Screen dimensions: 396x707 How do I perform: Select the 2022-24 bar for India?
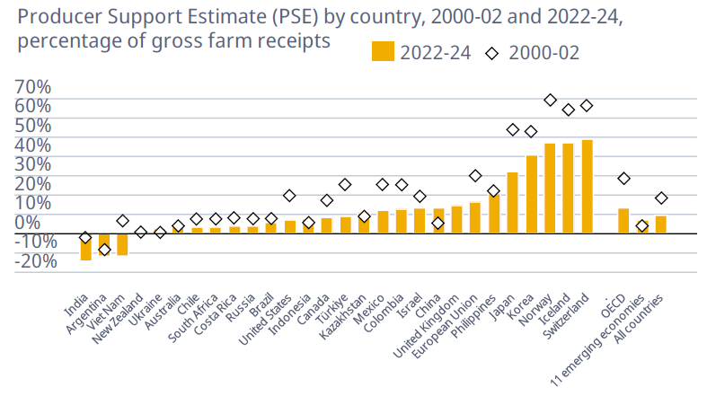tap(85, 247)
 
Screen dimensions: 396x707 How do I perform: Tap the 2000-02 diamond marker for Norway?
tap(550, 101)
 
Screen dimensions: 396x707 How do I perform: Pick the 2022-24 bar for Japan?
tap(512, 203)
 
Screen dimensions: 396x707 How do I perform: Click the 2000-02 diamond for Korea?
tap(531, 131)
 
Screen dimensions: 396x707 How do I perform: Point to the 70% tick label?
tap(32, 87)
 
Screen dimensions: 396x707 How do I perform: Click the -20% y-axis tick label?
tap(32, 260)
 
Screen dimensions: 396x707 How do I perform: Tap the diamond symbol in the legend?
tap(491, 53)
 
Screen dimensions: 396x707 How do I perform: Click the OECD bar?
tap(623, 221)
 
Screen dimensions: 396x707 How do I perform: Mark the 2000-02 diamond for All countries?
tap(661, 198)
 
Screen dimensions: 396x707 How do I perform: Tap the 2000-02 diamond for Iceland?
tap(568, 110)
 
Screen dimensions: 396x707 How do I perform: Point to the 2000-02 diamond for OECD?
tap(623, 179)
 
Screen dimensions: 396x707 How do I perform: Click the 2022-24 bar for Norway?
tap(550, 188)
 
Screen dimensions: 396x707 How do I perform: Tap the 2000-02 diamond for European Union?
tap(475, 176)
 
